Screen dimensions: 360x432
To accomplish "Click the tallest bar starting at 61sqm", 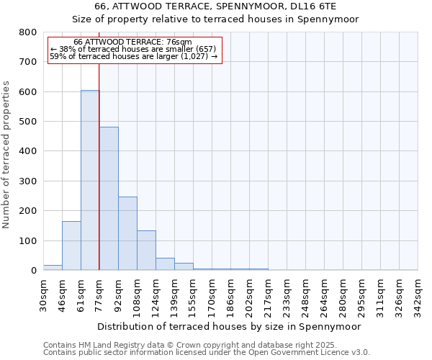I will coord(90,180).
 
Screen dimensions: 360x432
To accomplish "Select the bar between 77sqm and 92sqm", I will coord(109,199).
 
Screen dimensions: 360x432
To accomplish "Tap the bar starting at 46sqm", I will coord(71,246).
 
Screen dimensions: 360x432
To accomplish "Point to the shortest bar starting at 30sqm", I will coord(53,268).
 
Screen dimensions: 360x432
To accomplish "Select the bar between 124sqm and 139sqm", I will coord(165,264).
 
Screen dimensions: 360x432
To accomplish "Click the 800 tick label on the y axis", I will coord(27,32).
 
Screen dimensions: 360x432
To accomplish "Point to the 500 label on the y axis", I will coord(27,122).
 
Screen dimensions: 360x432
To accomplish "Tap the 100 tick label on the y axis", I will coord(27,240).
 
